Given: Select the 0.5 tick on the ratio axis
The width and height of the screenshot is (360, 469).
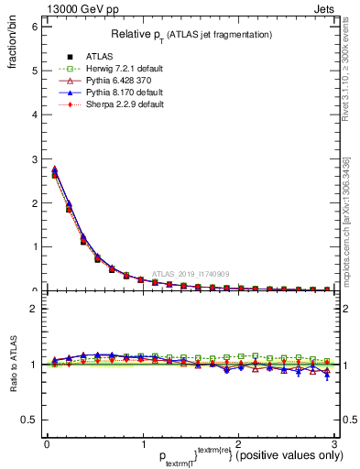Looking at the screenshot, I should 29,420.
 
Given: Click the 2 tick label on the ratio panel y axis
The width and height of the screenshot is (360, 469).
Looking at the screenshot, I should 33,309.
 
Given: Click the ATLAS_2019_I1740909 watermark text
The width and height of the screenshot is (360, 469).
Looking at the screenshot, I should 193,274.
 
